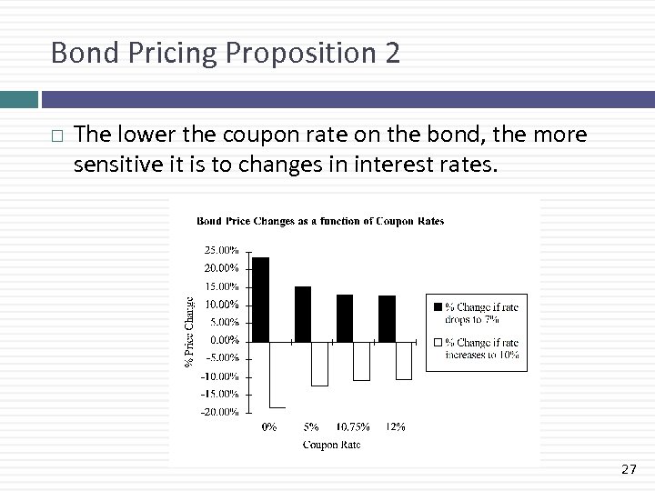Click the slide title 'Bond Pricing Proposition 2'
click(x=225, y=53)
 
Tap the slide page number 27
click(x=629, y=469)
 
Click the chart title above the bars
click(x=320, y=221)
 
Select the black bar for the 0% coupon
click(x=261, y=299)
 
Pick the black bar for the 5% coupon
click(x=303, y=314)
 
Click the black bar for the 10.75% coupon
click(x=345, y=318)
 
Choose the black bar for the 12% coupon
click(x=387, y=318)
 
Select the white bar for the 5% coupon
click(x=319, y=363)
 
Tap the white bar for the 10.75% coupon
click(x=361, y=360)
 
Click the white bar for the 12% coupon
click(x=403, y=359)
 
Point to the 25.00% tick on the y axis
click(x=221, y=249)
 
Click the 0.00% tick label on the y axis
click(x=223, y=340)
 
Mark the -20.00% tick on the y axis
click(x=221, y=412)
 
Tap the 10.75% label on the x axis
click(x=353, y=426)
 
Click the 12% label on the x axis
click(x=395, y=426)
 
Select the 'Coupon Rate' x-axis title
click(x=331, y=445)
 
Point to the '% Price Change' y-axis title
click(x=190, y=331)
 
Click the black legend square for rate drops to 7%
click(x=438, y=306)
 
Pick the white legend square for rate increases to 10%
click(x=438, y=343)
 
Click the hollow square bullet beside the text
click(x=57, y=135)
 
